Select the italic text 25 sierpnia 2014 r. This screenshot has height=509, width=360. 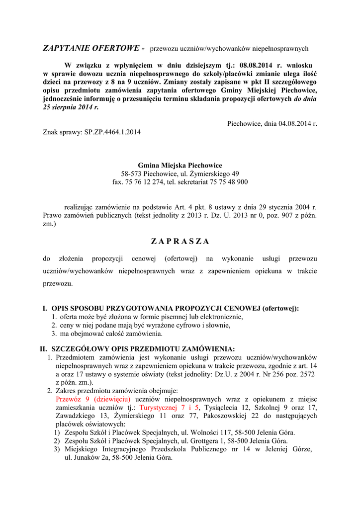tap(71, 107)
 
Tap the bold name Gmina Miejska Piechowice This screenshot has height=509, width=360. tap(180, 165)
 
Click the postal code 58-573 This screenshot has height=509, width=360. tap(131, 173)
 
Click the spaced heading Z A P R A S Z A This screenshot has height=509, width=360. tap(180, 242)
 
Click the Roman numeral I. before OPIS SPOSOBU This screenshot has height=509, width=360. tap(45, 309)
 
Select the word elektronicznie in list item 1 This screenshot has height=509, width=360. tap(221, 317)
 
